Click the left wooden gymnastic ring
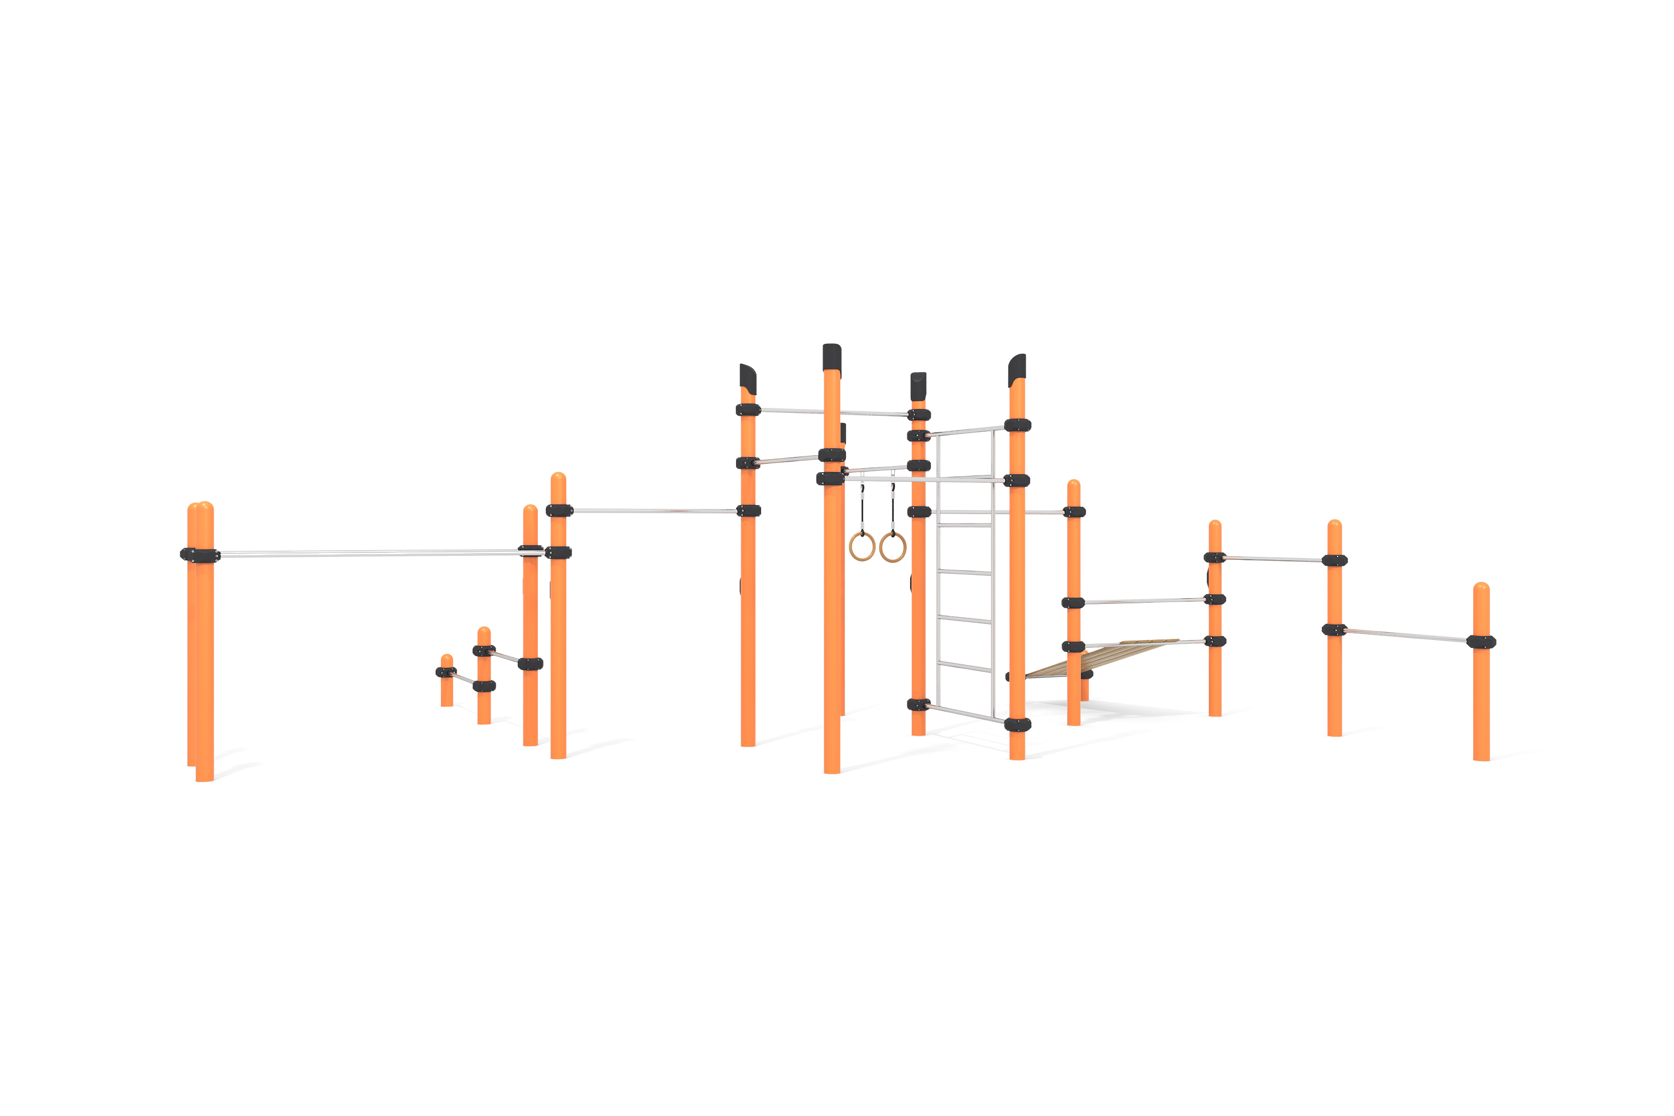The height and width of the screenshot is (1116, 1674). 862,547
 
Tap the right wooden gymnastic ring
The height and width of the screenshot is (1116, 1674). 892,547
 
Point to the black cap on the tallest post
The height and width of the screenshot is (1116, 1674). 832,357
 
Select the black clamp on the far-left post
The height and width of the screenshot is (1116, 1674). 200,555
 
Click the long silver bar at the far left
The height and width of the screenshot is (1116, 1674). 370,552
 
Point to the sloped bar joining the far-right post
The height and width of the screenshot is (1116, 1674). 1406,635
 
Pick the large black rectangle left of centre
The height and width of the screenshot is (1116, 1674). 653,672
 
